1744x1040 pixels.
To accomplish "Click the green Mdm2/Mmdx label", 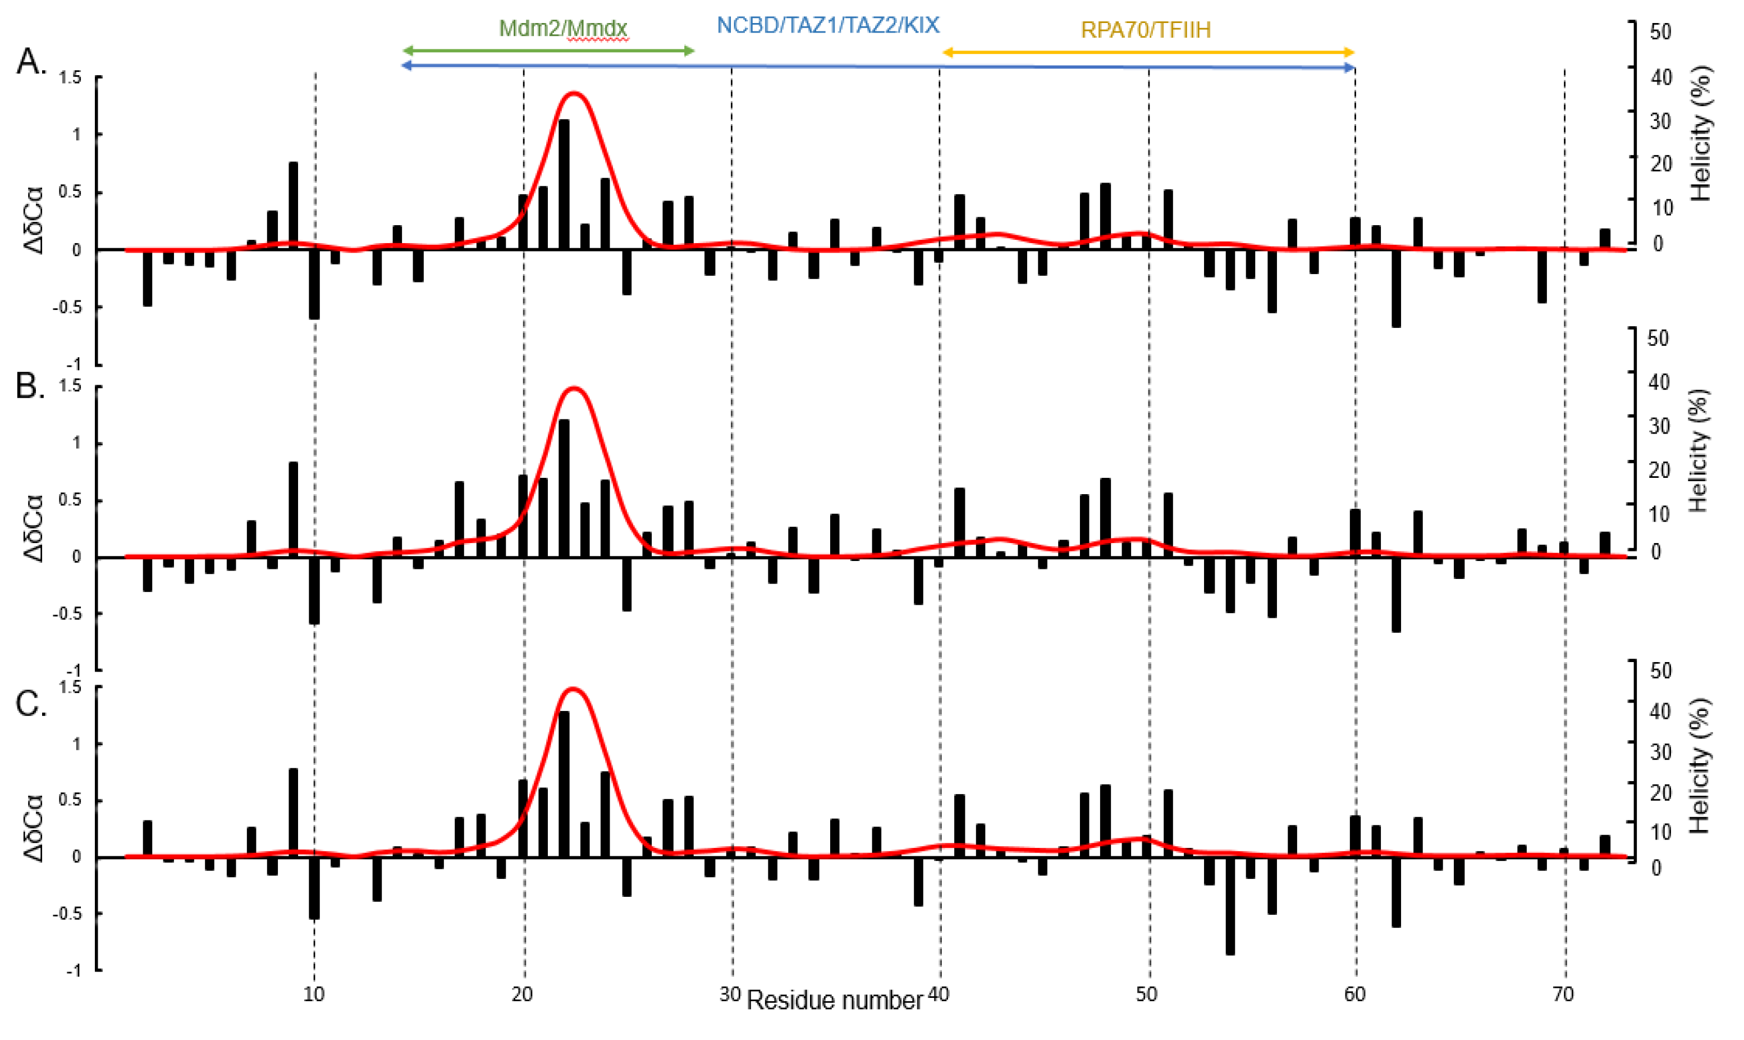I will point(563,29).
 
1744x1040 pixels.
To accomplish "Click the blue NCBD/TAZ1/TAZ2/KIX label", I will point(827,26).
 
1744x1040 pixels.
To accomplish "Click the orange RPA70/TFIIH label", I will point(1146,30).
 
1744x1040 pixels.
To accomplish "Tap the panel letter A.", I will point(31,62).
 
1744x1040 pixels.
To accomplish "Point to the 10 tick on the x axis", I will point(313,995).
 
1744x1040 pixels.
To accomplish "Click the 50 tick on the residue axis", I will point(1146,995).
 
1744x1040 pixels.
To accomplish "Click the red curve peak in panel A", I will point(574,93).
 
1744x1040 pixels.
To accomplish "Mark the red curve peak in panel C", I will point(573,688).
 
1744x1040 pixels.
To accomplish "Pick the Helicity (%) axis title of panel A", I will point(1701,133).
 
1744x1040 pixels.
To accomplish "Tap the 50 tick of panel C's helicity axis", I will point(1660,670).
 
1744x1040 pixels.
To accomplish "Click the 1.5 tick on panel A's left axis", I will point(71,78).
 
